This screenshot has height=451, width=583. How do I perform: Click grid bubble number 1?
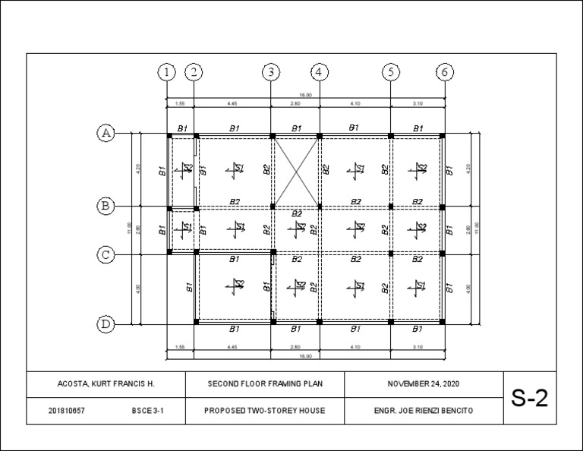[x=166, y=72]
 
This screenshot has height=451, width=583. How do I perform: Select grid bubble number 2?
[x=194, y=72]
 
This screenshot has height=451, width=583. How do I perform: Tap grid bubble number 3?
[x=272, y=72]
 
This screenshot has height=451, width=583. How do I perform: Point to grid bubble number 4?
[x=320, y=72]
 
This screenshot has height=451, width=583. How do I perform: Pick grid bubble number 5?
[x=390, y=72]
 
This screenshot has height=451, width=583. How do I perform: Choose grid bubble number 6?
[x=444, y=72]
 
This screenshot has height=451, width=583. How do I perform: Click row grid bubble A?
[x=106, y=134]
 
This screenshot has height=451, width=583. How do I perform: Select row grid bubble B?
[x=106, y=206]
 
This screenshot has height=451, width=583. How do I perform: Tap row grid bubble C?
[x=106, y=254]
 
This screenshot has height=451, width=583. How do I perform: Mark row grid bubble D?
[x=106, y=324]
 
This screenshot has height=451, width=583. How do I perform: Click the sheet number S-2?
[x=529, y=398]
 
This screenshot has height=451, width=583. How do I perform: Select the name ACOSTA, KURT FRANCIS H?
[x=106, y=384]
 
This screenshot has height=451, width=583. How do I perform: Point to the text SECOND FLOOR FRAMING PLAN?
[x=265, y=384]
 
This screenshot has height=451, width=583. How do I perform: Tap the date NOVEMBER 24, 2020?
[x=423, y=384]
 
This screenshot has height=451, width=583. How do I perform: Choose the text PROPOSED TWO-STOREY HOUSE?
[x=265, y=411]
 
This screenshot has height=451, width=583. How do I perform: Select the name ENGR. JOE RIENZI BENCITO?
[x=423, y=411]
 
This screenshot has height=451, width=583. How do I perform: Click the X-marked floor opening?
[x=296, y=171]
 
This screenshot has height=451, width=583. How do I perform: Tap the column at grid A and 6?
[x=443, y=135]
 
